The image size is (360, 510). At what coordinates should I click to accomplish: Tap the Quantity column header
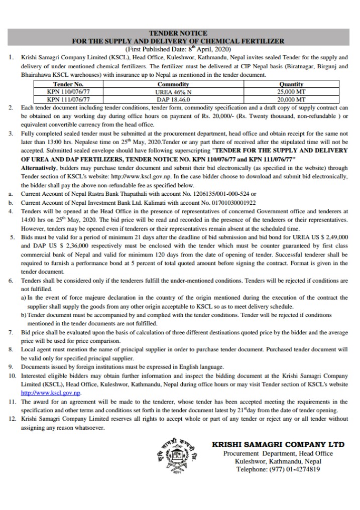291,85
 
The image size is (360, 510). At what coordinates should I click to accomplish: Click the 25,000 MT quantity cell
291,92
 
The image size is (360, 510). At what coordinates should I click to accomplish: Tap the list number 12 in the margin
12,418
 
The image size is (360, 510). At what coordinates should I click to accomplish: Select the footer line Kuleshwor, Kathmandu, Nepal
278,461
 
